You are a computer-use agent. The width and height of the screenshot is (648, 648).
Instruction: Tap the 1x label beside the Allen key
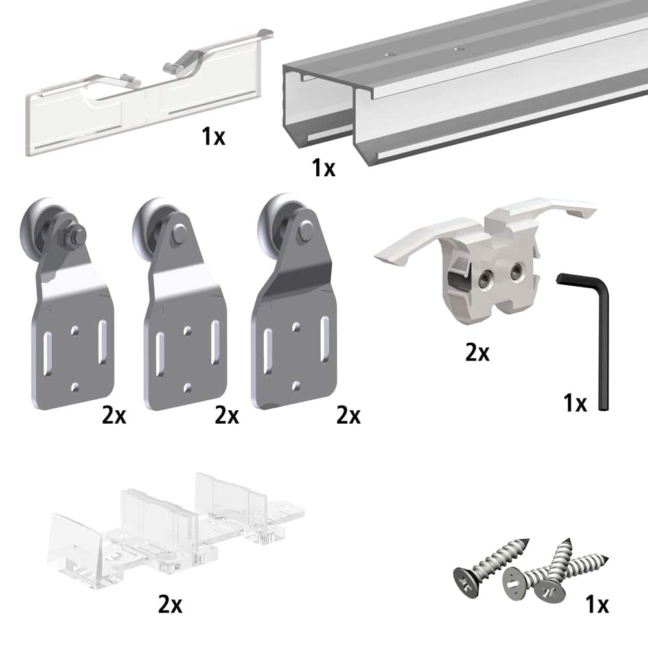574,403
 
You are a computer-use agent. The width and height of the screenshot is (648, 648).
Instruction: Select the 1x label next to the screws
596,605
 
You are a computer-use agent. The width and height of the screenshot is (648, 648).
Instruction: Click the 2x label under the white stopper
478,353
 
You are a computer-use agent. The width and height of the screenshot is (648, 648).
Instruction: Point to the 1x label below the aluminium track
323,168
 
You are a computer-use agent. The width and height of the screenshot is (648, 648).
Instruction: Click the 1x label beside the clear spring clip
213,137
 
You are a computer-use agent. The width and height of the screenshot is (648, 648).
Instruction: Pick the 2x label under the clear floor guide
170,605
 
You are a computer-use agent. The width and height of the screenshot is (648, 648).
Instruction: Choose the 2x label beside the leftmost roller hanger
114,415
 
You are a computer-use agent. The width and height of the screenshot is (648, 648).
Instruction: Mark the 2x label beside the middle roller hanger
227,415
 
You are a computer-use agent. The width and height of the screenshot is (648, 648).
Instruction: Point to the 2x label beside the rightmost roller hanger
348,415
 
